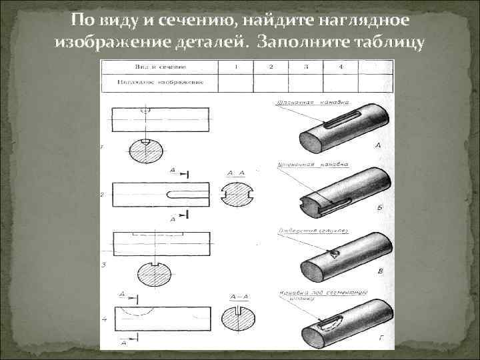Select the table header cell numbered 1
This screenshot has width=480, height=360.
[236, 67]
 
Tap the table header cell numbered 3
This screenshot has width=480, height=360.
[305, 67]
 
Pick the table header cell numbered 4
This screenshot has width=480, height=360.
[340, 67]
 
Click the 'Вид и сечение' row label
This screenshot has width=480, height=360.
[159, 67]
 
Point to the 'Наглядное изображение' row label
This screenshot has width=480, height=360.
[159, 83]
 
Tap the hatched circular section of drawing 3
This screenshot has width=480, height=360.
[153, 276]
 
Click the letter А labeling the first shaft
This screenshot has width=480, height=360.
[378, 145]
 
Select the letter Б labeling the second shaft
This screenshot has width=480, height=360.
[379, 208]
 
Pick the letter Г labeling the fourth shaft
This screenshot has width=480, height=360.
[380, 339]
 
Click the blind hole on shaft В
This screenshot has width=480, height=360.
[334, 253]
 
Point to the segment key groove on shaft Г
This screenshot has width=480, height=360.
[331, 324]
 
